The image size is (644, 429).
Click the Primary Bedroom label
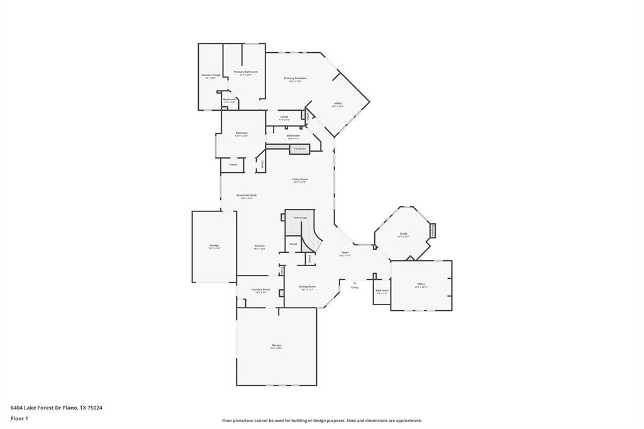295,78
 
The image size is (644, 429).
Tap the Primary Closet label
211,75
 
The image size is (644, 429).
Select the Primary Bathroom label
246,72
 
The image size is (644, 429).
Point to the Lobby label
338,104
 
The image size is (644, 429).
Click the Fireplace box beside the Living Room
299,149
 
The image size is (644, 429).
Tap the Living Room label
299,179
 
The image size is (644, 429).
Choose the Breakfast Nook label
247,195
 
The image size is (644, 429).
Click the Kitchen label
259,245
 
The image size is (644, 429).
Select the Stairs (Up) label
300,218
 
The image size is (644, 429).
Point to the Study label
403,233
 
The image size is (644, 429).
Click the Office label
421,284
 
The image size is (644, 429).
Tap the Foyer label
345,252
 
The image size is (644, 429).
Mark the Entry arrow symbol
355,282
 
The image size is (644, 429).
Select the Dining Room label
308,287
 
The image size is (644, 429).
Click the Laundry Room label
260,289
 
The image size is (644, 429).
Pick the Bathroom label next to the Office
382,291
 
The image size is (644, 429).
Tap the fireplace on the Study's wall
433,230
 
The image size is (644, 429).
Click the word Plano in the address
70,408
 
